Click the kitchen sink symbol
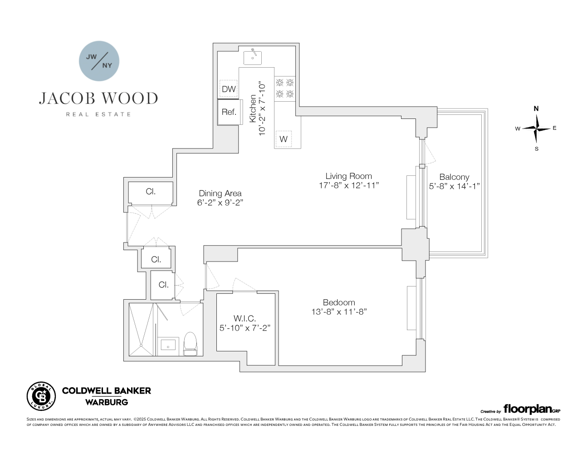point(252,57)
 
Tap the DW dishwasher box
point(229,89)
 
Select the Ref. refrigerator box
point(229,112)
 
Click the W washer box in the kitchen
point(284,139)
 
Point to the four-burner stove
point(285,89)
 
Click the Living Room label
point(348,176)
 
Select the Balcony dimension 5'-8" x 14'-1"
point(454,186)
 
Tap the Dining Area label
point(220,193)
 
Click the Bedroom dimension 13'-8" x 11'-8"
point(339,312)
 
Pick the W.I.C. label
point(245,319)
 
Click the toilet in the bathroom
point(190,343)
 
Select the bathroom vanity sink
point(168,345)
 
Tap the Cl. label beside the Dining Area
point(151,192)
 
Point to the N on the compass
point(536,109)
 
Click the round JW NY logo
point(99,61)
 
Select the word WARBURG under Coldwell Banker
point(107,402)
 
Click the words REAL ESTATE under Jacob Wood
point(98,114)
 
